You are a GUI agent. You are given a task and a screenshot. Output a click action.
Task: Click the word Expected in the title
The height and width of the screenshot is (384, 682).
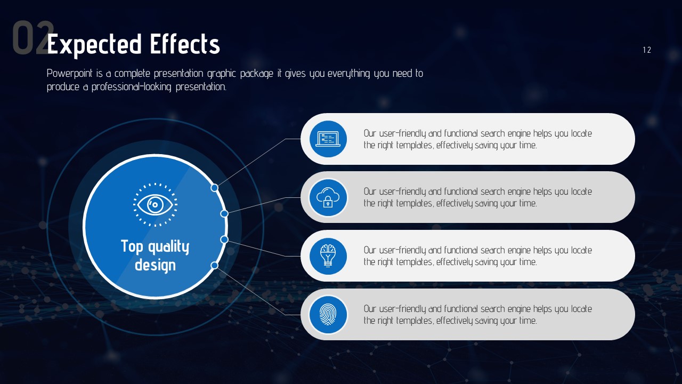(x=94, y=44)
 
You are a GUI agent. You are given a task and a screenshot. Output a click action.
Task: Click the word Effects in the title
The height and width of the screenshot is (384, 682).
(x=185, y=44)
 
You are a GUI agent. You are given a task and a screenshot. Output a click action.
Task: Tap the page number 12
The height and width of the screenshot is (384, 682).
(x=647, y=50)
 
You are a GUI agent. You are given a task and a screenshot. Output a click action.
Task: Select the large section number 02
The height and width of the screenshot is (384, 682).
(x=33, y=38)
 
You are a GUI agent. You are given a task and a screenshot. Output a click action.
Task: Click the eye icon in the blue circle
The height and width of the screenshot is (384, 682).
(x=155, y=205)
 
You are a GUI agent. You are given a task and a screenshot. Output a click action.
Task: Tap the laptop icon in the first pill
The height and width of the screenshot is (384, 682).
(x=328, y=139)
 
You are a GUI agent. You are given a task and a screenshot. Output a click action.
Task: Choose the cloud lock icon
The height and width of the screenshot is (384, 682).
(x=328, y=197)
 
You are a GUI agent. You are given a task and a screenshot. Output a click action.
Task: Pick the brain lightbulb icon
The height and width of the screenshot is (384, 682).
(x=328, y=255)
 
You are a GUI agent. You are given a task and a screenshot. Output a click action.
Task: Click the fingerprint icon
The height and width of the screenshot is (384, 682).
(x=328, y=314)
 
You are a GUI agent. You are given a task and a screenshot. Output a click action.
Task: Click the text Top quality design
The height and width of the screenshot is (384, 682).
(x=155, y=255)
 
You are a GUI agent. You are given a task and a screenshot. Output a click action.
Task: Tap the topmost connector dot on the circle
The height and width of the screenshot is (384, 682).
(x=215, y=188)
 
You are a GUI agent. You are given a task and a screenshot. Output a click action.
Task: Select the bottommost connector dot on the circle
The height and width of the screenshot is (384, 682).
(x=215, y=266)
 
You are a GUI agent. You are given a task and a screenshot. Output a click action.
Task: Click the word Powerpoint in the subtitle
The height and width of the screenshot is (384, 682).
(x=69, y=74)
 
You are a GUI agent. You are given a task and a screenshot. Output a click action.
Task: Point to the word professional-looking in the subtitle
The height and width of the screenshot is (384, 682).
(x=131, y=87)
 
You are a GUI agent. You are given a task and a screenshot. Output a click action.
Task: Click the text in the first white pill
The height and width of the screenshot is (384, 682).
(x=478, y=139)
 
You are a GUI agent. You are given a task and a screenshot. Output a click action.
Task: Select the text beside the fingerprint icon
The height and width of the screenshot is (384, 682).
(x=478, y=315)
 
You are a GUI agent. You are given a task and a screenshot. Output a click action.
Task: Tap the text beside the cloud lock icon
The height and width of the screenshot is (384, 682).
(x=478, y=197)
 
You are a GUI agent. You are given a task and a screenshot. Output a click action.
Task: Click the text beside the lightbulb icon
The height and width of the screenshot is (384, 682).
(x=478, y=256)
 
